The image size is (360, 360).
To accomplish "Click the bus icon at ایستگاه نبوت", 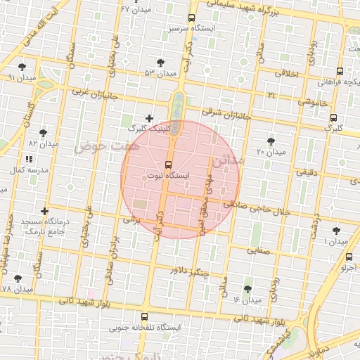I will [x=167, y=165].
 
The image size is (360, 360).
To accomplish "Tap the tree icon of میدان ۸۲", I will [x=44, y=132].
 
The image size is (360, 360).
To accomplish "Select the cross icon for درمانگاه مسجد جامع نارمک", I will [x=45, y=211].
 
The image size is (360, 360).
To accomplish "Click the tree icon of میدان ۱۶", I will [x=247, y=289].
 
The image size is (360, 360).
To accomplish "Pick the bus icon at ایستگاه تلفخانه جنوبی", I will [x=145, y=316].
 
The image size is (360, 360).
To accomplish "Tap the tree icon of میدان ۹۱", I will [x=22, y=66].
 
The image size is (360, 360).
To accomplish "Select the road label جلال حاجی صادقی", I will [x=259, y=207].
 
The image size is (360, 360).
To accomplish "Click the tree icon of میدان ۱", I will [x=335, y=230].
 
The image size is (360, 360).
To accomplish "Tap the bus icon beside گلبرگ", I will [x=333, y=117].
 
